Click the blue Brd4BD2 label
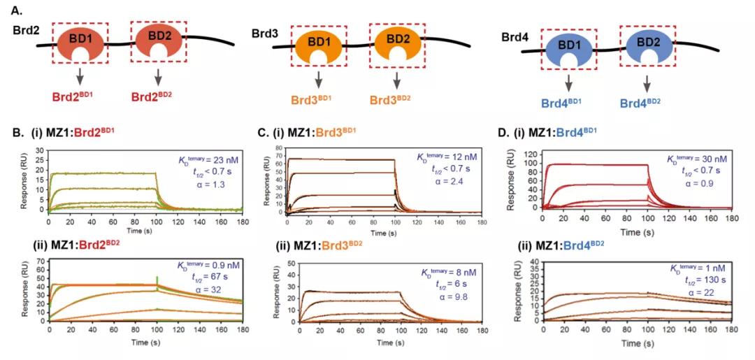tap(647, 102)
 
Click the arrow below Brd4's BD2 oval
tap(647, 82)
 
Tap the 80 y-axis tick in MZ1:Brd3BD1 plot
tap(277, 148)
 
